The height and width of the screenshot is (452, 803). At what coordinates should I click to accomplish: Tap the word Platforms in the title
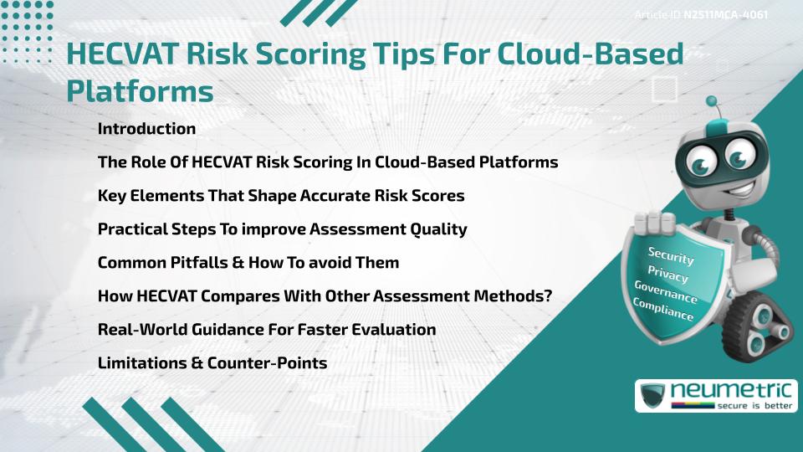coord(140,90)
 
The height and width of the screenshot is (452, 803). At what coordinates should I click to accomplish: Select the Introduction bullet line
coord(146,129)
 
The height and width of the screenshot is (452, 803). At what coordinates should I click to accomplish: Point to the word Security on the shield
coord(671,255)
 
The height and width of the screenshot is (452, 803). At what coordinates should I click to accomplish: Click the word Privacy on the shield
coord(667,274)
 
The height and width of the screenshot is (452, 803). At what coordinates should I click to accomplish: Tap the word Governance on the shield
coord(666,293)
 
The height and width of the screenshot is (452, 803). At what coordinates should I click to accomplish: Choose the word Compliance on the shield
coord(663,311)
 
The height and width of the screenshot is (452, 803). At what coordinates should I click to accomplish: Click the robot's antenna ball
coord(712,103)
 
